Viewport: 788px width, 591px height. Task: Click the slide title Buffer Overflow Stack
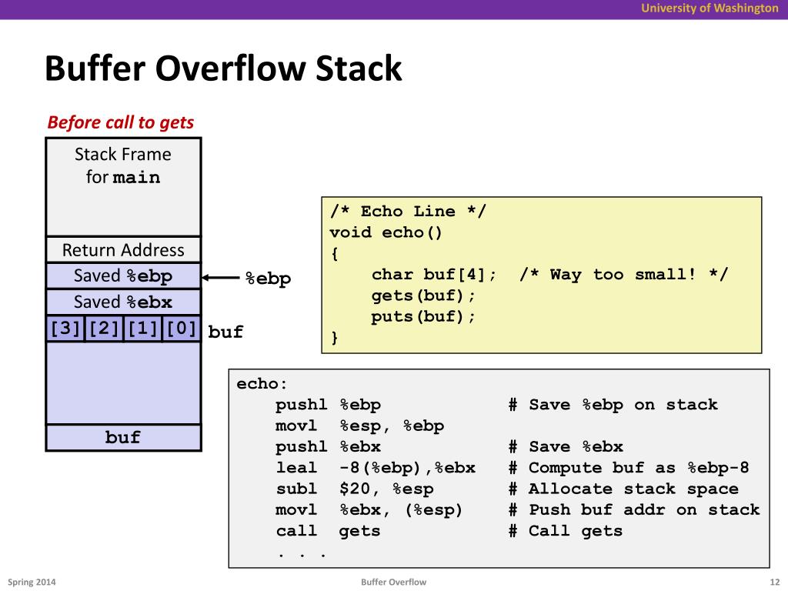click(x=223, y=68)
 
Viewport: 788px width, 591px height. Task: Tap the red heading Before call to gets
click(x=121, y=122)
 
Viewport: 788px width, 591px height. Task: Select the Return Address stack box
click(x=123, y=250)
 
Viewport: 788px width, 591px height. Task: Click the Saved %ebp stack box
click(x=123, y=275)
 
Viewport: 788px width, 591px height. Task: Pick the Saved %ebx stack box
click(x=123, y=302)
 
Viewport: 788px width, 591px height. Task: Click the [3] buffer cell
click(x=65, y=329)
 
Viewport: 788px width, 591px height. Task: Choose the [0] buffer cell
click(x=181, y=329)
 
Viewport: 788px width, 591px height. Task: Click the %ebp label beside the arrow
click(x=268, y=279)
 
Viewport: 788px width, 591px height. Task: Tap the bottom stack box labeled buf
click(x=123, y=437)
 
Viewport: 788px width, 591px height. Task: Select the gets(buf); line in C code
click(x=424, y=295)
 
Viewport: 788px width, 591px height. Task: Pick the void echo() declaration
click(x=386, y=232)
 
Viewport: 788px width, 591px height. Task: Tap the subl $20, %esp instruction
click(x=355, y=489)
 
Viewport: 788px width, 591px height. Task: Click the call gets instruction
click(x=329, y=531)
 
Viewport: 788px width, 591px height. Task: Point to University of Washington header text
click(x=710, y=8)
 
